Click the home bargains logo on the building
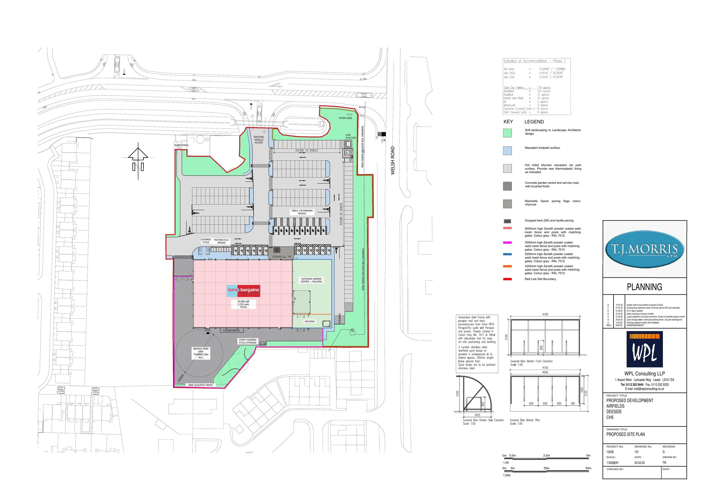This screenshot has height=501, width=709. click(243, 290)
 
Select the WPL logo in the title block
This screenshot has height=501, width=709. click(644, 349)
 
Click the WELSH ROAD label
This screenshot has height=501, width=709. click(393, 161)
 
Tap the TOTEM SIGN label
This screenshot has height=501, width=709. click(345, 118)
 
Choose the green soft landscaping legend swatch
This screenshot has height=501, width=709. click(507, 133)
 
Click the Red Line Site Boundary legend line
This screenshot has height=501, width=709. click(507, 279)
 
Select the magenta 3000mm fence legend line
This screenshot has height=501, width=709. click(507, 243)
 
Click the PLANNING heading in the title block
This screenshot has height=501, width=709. click(644, 287)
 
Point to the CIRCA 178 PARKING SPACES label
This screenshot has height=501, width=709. click(302, 212)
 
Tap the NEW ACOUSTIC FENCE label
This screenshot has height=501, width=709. click(200, 385)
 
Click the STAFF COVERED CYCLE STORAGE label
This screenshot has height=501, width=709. click(247, 341)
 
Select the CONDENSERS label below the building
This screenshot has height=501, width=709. click(231, 331)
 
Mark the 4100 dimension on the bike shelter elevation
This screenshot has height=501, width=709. click(545, 314)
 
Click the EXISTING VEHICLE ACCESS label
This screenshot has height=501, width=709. click(259, 139)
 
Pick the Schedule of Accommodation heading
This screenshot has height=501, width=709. click(534, 61)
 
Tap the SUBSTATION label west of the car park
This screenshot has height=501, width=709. click(181, 145)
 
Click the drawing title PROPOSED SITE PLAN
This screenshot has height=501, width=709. click(625, 434)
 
